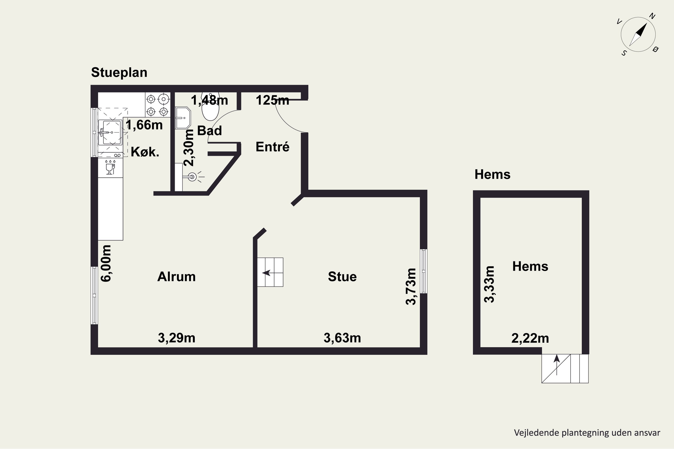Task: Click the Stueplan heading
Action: point(119,73)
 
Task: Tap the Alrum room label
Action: point(177,277)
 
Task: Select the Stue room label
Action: point(342,277)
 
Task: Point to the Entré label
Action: point(273,147)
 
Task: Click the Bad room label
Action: point(209,131)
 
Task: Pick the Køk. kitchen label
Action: point(145,152)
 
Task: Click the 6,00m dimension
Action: point(106,263)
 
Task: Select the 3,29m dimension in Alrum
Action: point(177,338)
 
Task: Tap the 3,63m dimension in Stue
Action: point(342,338)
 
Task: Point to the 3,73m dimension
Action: point(411,286)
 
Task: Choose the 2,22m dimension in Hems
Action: point(530,338)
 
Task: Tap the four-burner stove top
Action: point(158,105)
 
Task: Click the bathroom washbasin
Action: point(183,118)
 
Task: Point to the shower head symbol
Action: point(192,177)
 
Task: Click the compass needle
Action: point(639,34)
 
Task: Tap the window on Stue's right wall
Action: point(423,271)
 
